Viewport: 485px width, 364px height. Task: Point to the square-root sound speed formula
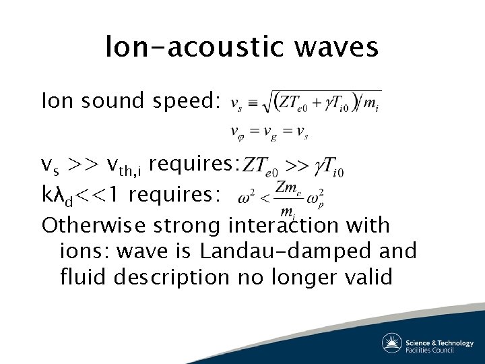tap(305, 103)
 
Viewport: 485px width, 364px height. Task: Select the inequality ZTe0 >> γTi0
tap(294, 165)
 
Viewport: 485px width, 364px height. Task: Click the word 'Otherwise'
tap(88, 224)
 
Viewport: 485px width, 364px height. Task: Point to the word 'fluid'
tap(82, 276)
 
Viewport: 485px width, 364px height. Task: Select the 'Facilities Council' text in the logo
tap(439, 350)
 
